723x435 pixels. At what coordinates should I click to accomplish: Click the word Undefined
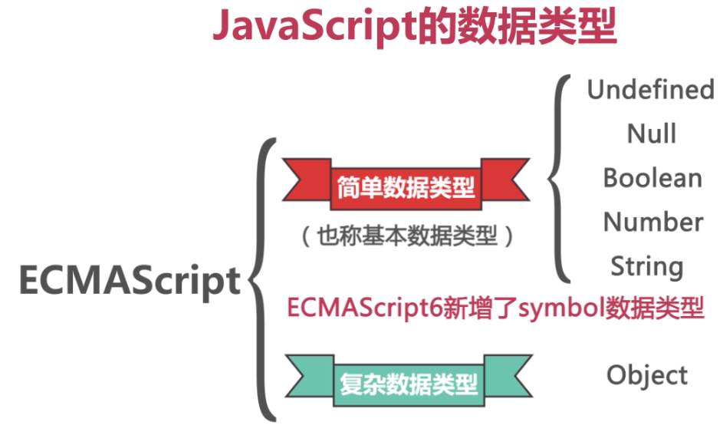coord(650,90)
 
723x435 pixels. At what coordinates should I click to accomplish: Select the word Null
coord(652,134)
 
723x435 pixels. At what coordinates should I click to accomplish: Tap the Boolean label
coord(652,178)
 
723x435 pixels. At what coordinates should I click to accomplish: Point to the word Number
coord(653,222)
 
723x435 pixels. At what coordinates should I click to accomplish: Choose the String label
coord(647,267)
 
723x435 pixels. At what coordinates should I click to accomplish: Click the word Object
coord(647,376)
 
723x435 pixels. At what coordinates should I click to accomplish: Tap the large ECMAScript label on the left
coord(130,281)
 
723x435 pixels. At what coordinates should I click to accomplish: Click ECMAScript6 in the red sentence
coord(360,309)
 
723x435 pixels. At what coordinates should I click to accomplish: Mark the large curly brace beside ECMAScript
coord(263,281)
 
